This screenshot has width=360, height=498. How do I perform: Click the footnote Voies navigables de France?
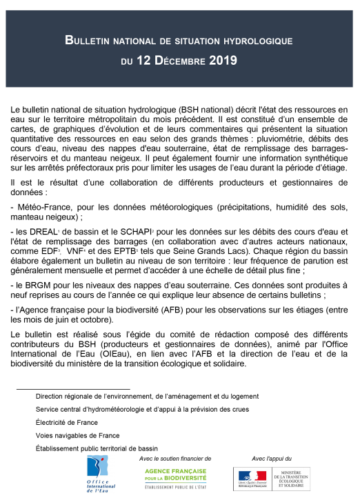coord(78,435)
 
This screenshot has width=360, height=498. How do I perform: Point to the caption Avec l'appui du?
coord(272,458)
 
